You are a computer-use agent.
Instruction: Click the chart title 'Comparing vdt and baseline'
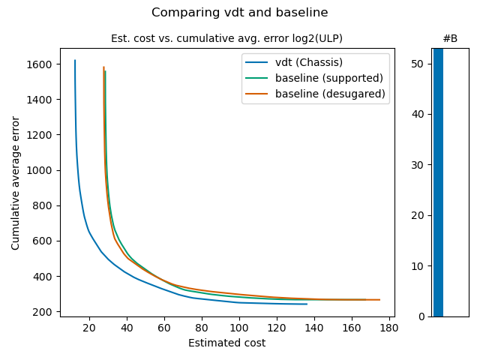pos(239,13)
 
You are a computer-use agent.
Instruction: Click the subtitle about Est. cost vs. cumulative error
pos(226,38)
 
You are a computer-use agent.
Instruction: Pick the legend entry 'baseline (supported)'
pos(328,78)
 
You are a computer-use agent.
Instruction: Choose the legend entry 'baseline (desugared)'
pos(330,94)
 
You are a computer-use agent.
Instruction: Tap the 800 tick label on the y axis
pos(45,205)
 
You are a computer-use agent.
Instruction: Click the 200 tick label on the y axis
pos(45,312)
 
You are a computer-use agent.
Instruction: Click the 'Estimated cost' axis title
pos(226,343)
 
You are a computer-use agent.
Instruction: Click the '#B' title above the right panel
pos(450,38)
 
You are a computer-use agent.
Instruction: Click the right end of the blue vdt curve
pos(307,304)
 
